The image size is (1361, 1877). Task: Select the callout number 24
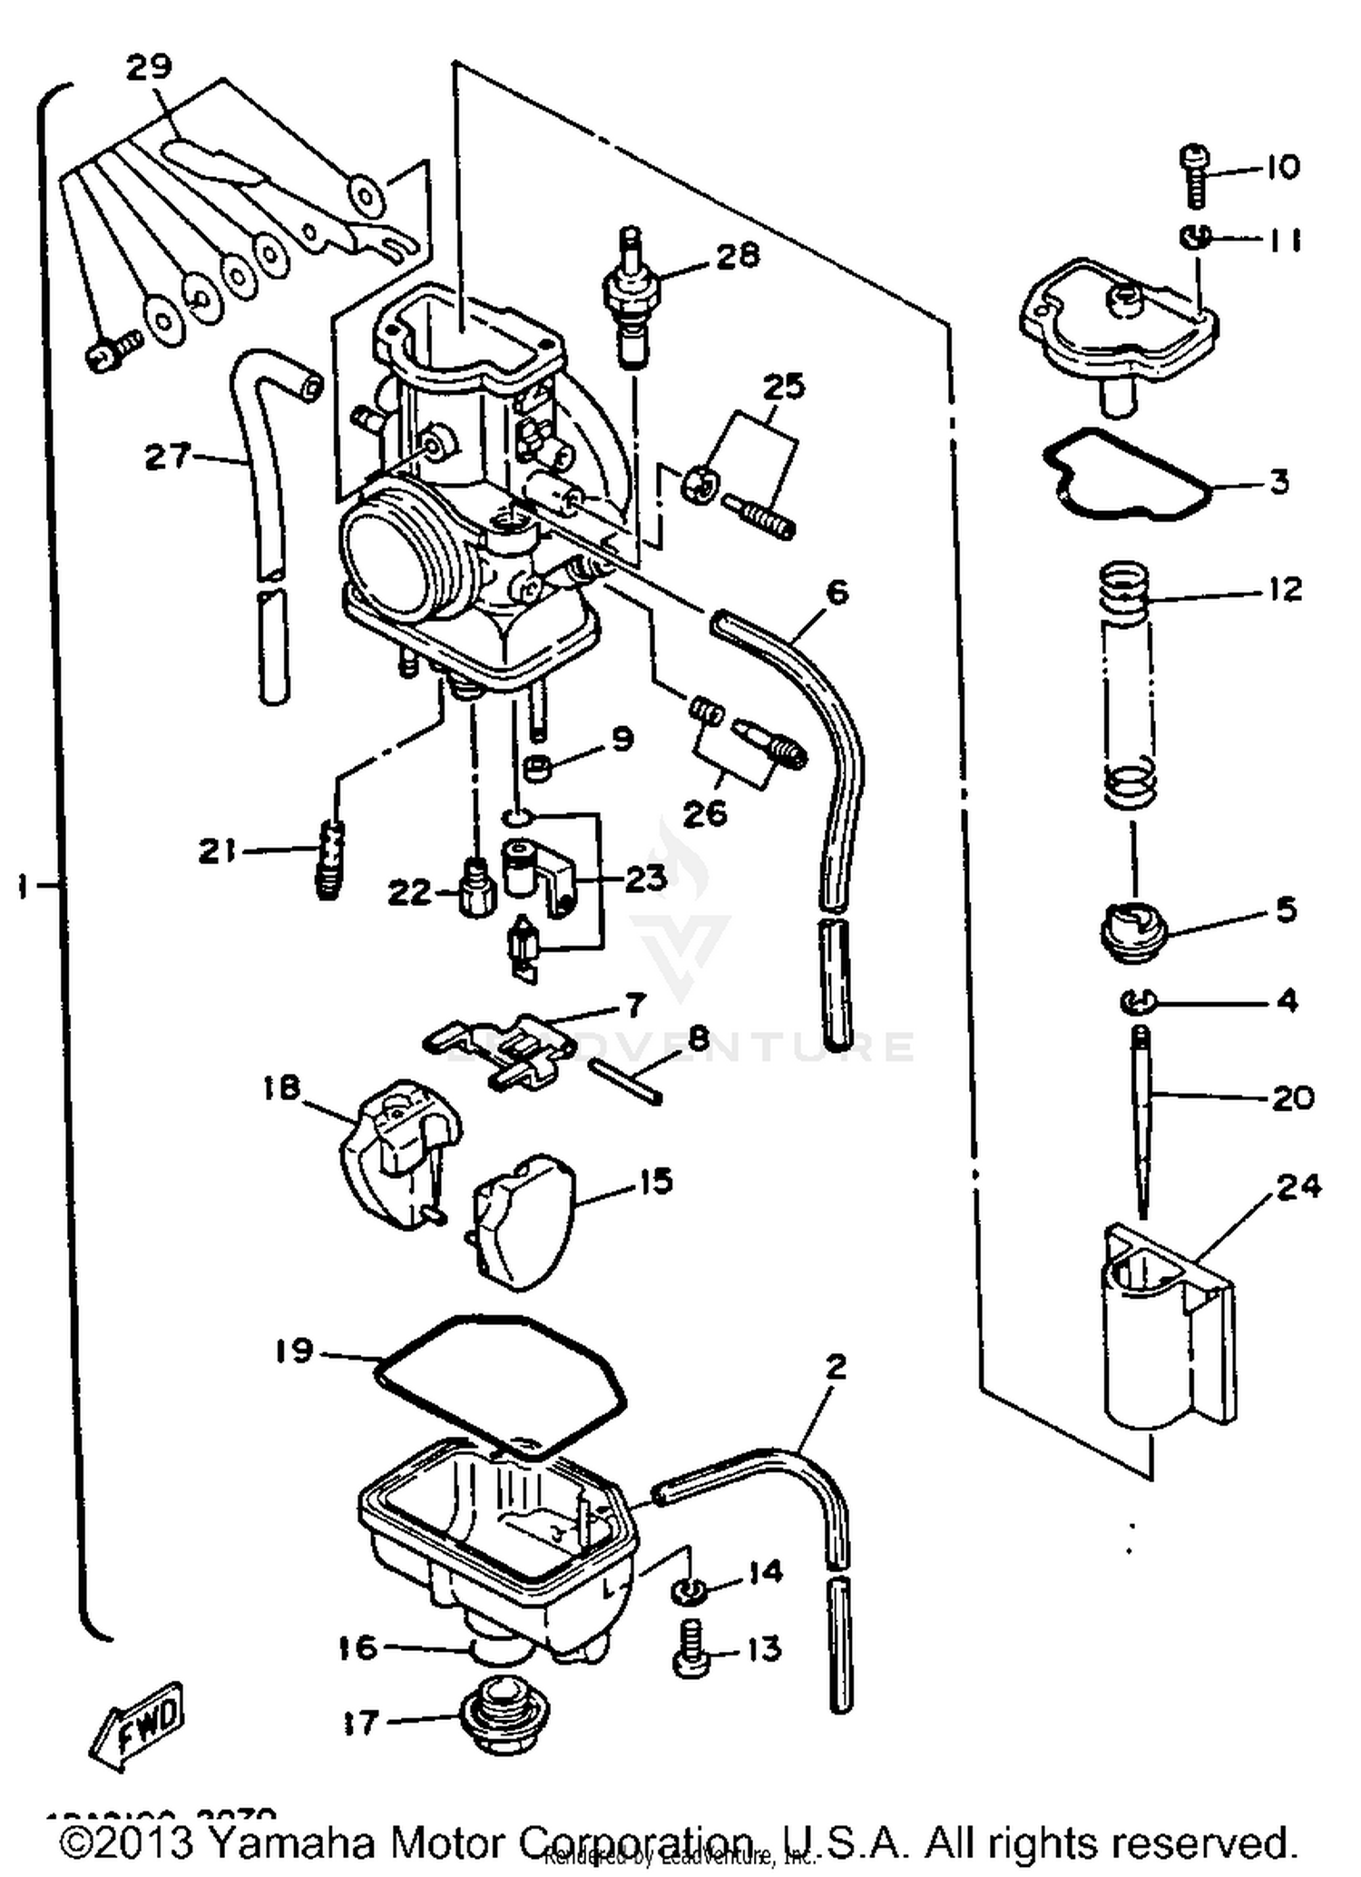1298,1186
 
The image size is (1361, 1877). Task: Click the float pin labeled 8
626,1079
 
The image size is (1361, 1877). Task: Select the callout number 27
169,457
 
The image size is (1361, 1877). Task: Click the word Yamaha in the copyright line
289,1842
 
